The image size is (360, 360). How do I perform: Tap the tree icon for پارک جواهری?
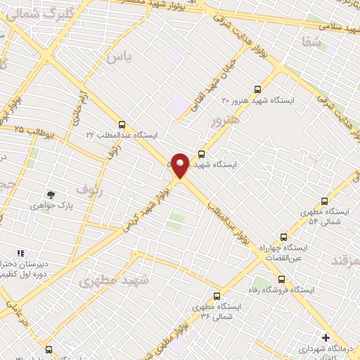click(x=51, y=194)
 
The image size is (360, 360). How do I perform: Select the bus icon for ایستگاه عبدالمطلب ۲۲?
click(x=122, y=124)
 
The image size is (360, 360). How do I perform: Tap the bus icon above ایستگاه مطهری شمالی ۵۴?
click(x=324, y=200)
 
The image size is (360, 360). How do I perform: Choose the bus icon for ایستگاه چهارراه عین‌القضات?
click(x=283, y=237)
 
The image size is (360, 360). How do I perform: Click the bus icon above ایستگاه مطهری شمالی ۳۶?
click(x=217, y=296)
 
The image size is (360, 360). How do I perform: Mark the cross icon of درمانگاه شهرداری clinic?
click(x=325, y=337)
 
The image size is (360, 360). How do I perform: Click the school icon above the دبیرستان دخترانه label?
click(x=21, y=253)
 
